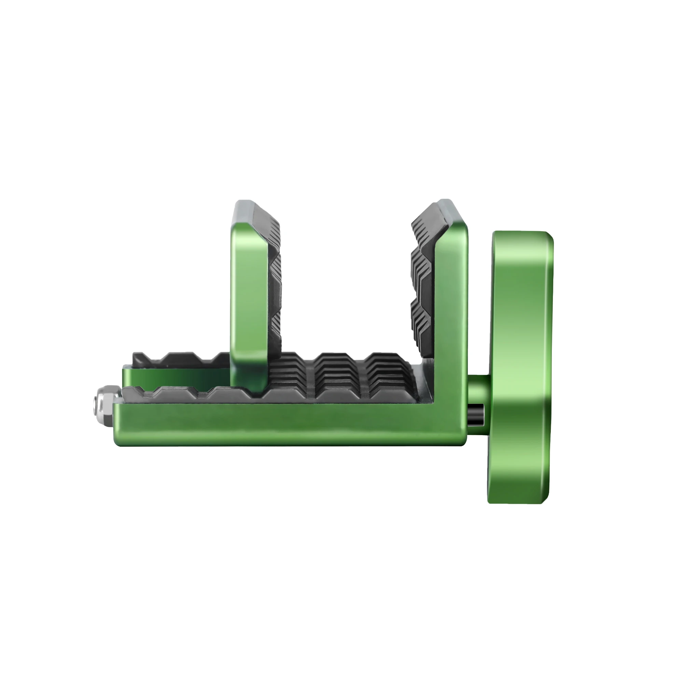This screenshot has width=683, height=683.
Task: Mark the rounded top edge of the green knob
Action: (x=521, y=234)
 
